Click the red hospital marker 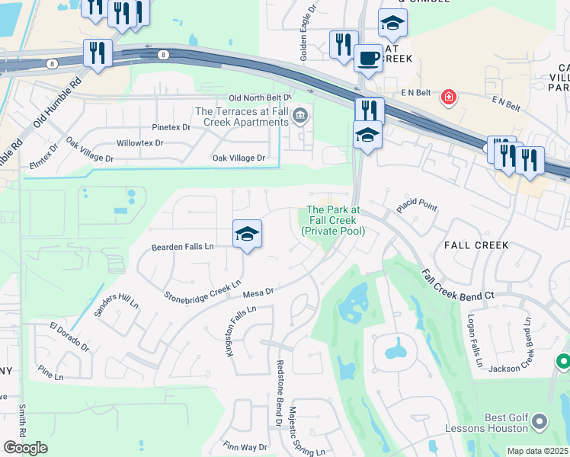point(449,97)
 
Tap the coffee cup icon point(368,58)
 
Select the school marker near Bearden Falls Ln point(247,234)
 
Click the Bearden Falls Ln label point(182,247)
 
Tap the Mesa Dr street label point(258,291)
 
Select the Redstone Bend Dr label point(279,394)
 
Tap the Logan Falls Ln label point(476,342)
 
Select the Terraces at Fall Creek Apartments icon point(301,116)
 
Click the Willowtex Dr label point(139,142)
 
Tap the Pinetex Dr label point(171,126)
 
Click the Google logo point(26,448)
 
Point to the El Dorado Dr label point(70,337)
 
